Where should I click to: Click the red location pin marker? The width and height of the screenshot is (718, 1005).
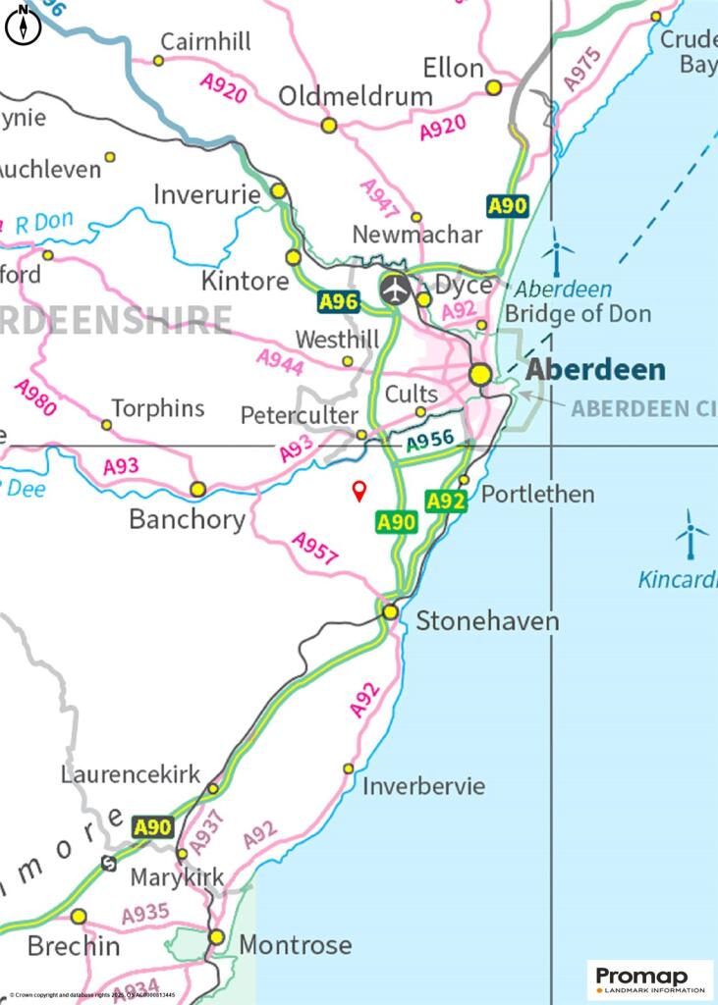point(359,491)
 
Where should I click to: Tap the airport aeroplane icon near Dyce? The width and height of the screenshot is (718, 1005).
point(395,290)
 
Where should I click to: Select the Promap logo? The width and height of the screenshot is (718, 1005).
point(650,979)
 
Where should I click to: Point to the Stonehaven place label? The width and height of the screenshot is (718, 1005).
point(487,621)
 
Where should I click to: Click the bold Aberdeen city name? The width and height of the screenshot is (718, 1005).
point(595,370)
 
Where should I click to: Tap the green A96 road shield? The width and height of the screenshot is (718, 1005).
point(338,301)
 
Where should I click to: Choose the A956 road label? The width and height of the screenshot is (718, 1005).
point(430,443)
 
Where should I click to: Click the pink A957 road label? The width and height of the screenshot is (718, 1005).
point(315,549)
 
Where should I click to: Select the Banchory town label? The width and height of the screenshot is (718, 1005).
point(187,519)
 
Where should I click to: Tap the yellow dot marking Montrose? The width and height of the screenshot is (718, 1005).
point(216,937)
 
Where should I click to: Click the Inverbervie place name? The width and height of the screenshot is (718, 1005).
point(423,786)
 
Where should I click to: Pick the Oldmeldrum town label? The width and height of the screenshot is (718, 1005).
point(356,96)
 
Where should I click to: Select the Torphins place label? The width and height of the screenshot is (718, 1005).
point(158,408)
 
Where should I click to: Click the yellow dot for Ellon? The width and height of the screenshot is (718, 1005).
point(494,87)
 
